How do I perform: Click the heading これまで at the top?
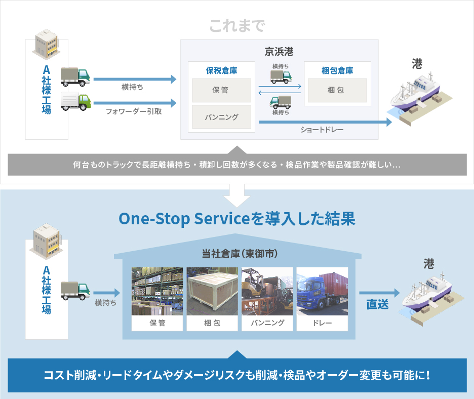tap(238, 26)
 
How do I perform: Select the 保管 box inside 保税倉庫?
tap(221, 90)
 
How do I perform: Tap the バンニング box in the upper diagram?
tap(221, 116)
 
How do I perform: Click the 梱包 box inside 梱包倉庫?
tap(337, 90)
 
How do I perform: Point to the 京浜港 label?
tap(279, 52)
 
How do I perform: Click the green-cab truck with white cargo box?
tap(75, 102)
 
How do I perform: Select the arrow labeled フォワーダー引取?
tap(135, 103)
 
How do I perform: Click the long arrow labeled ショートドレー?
tap(326, 122)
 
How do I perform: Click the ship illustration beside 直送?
tap(432, 298)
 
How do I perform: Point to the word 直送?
tap(378, 304)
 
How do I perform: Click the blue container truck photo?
tap(322, 291)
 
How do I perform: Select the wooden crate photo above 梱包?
tap(212, 291)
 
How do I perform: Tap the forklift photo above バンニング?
tap(267, 291)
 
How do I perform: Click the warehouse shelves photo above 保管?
tap(157, 291)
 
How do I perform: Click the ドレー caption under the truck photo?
tap(322, 323)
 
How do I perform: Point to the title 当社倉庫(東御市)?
tap(240, 254)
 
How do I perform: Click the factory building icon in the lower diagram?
tap(46, 241)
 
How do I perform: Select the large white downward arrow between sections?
tap(237, 195)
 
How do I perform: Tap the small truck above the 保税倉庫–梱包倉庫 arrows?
tap(281, 77)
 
